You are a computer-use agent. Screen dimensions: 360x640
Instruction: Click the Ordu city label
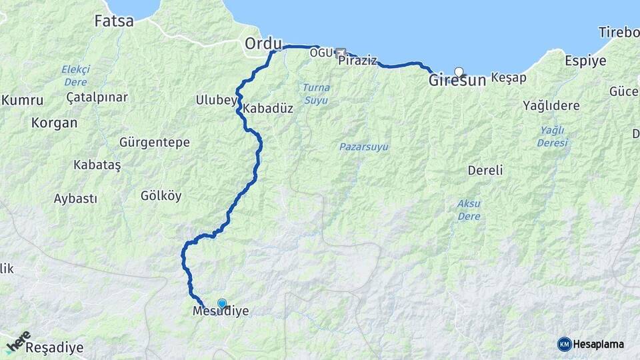tap(263, 43)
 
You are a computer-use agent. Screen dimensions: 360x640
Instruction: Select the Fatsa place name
tap(114, 21)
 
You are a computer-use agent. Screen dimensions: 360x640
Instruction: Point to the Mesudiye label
tap(220, 311)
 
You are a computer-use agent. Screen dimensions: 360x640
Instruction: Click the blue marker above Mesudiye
tap(222, 304)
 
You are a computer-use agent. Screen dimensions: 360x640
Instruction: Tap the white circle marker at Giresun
tap(459, 71)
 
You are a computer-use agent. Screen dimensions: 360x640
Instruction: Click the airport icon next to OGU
tap(341, 52)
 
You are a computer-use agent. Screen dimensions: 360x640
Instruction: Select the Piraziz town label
tap(358, 61)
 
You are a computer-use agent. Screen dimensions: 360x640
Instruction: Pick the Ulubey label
tap(216, 101)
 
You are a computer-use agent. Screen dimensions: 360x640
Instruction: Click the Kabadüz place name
tap(268, 108)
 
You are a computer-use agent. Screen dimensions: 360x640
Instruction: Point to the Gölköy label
tap(161, 196)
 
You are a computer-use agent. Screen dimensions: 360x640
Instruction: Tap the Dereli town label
tap(485, 170)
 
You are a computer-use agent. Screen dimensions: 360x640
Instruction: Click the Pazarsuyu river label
tap(363, 147)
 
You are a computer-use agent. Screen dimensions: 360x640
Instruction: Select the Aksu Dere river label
tap(469, 209)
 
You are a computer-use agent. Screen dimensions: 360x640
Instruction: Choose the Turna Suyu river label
tap(316, 93)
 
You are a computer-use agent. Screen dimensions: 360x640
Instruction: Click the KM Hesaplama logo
tap(591, 344)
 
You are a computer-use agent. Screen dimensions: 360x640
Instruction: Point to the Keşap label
tap(509, 78)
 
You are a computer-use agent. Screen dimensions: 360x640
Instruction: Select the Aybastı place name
tap(75, 199)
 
